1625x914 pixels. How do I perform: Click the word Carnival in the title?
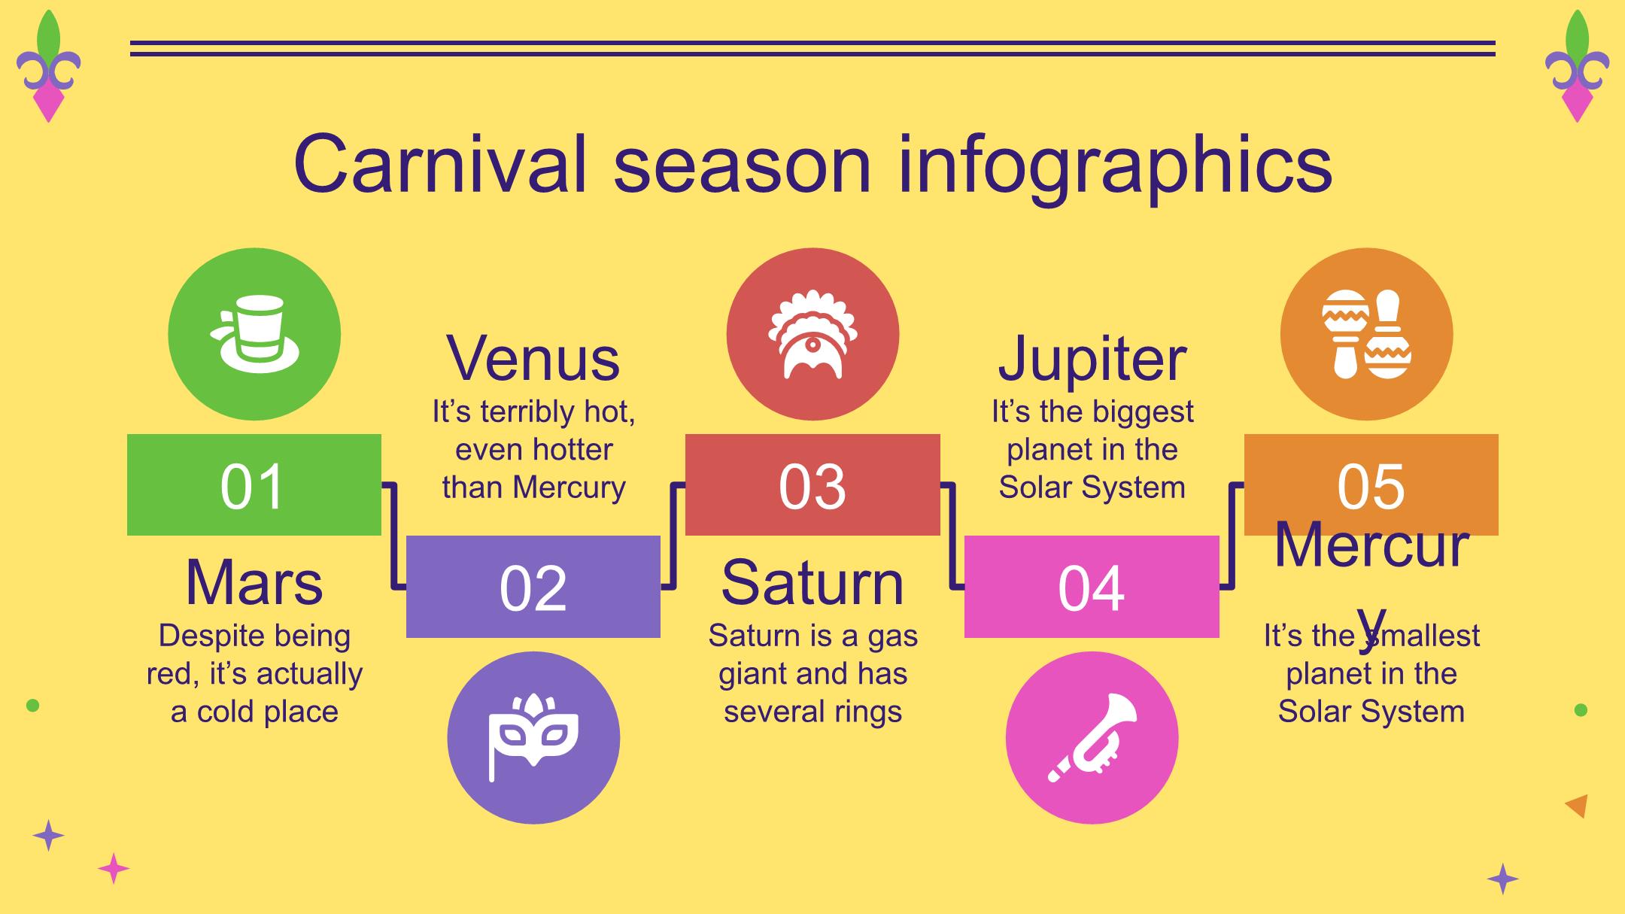point(439,164)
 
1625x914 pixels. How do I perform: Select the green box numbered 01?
point(254,484)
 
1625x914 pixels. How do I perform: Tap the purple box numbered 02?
point(533,587)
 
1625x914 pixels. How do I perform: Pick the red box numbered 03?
point(812,484)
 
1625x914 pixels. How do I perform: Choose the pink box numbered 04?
point(1092,587)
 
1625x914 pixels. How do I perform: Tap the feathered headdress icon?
point(812,334)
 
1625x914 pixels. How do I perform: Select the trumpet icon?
point(1092,737)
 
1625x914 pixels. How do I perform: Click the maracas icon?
point(1366,334)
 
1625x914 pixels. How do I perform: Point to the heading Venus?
point(533,358)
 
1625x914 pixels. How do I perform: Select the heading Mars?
point(254,582)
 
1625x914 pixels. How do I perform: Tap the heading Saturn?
point(812,582)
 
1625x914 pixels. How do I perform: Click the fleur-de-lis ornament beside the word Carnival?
point(49,66)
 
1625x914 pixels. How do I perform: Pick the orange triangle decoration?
point(1578,806)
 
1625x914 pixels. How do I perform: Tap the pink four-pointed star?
point(114,869)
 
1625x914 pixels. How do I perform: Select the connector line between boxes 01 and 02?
point(393,535)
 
